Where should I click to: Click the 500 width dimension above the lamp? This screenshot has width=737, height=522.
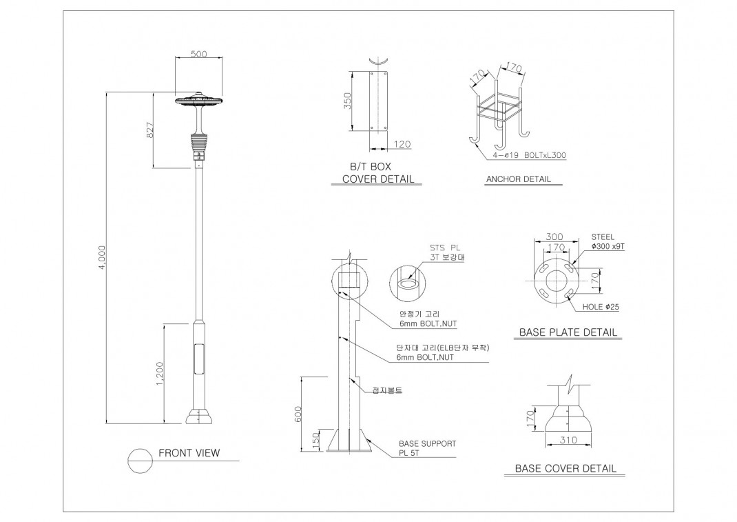pos(198,54)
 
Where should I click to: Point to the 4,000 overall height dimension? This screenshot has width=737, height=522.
pos(101,257)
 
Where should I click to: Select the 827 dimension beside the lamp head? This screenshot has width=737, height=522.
pos(149,130)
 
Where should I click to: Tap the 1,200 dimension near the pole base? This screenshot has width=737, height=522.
pos(160,374)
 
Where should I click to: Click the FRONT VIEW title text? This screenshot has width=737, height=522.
pos(189,453)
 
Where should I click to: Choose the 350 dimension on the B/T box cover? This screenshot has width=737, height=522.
pos(348,101)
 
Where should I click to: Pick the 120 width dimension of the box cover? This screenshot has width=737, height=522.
pos(402,144)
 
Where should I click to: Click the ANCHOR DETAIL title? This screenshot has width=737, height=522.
pos(518,179)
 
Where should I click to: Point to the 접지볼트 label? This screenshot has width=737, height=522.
pos(386,390)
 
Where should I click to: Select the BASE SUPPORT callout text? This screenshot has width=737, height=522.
pos(427,443)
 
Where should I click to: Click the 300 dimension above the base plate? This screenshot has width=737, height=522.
pos(554,236)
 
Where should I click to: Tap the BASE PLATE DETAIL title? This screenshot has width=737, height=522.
pos(567,332)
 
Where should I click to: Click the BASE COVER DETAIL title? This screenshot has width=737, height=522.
pos(565,468)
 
